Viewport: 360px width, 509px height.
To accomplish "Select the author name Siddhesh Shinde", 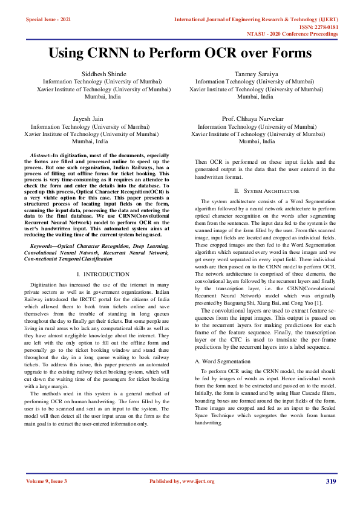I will tap(104, 74).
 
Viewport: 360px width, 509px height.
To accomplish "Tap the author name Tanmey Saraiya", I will tap(255, 74).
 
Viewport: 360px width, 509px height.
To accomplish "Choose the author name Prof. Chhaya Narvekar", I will tap(254, 119).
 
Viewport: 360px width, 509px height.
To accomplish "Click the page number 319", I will tap(330, 481).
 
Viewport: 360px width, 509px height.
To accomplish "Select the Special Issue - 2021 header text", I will tap(48, 20).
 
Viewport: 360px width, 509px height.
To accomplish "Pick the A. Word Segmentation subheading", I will tap(223, 361).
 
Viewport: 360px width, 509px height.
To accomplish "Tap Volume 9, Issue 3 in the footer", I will tap(47, 481).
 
